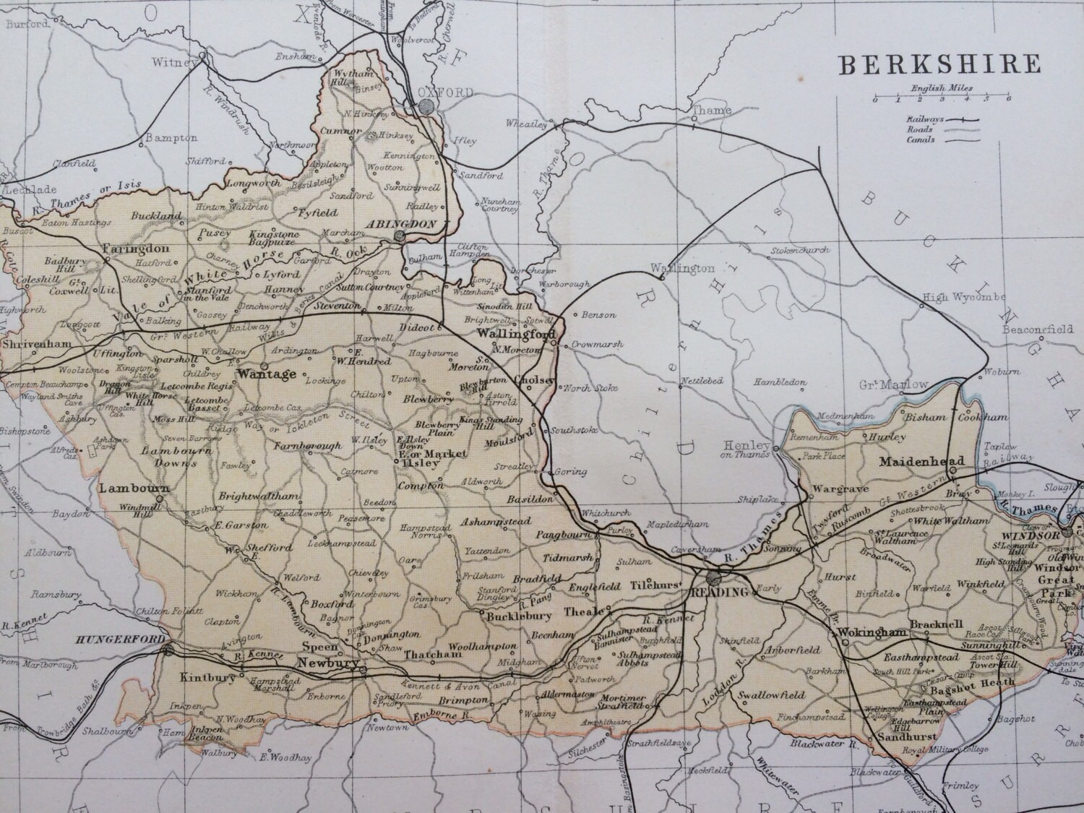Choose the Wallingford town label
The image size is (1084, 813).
[516, 335]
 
